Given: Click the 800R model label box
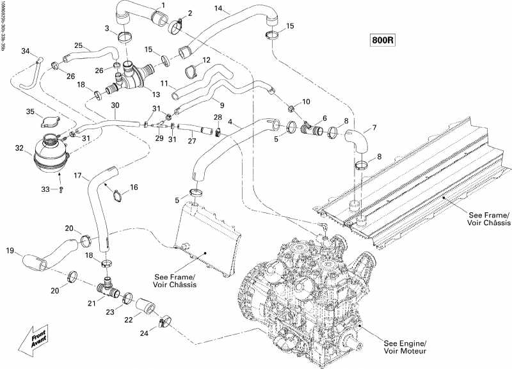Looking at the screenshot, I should point(383,40).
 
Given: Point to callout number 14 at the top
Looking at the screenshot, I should point(219,9).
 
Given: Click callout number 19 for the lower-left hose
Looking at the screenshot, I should point(9,250).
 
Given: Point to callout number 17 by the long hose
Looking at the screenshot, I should point(77,176).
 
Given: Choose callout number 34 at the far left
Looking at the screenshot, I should point(26,51).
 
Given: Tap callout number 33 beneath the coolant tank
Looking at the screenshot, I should point(45,189).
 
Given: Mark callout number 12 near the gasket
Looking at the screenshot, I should point(206,60).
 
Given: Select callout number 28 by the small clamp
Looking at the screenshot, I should point(218,117).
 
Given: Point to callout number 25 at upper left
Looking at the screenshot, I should point(78,45).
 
